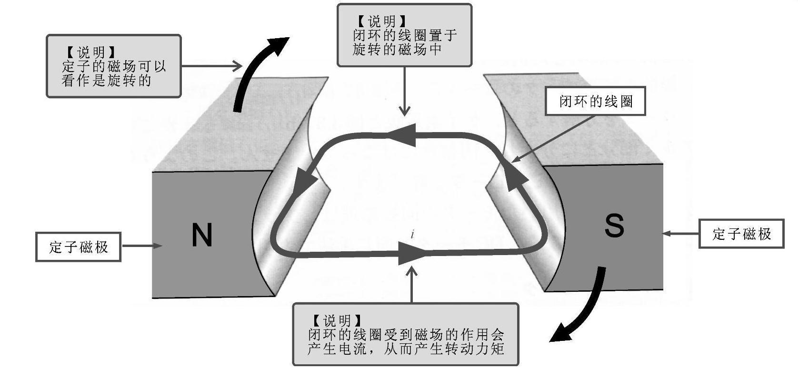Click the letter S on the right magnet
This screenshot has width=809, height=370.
pos(614,226)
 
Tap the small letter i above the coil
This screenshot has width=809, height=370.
pos(413,234)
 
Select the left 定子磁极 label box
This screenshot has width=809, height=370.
pos(79,247)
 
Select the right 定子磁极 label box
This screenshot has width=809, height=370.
pos(741,234)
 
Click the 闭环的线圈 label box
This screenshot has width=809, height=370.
pos(595,101)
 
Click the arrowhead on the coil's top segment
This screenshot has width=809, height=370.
pos(402,135)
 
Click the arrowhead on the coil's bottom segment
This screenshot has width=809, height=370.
pos(410,253)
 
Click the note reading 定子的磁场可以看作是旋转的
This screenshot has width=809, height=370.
pos(113,66)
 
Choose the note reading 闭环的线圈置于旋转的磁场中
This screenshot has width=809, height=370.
pos(404,35)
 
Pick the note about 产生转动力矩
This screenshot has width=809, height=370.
pos(405,334)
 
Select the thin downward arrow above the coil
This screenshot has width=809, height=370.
pos(405,91)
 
